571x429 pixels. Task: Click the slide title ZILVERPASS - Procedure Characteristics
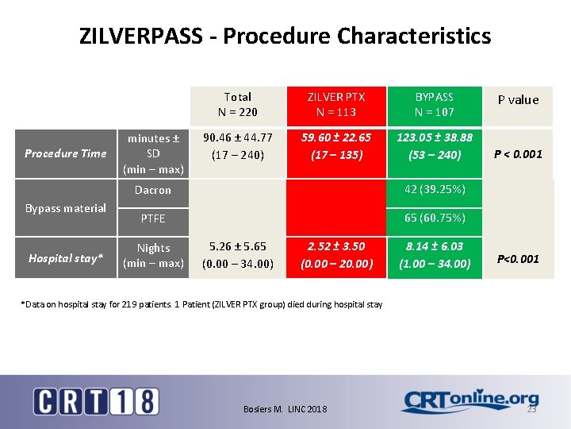click(285, 36)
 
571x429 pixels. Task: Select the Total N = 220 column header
click(237, 104)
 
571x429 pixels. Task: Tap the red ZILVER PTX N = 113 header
click(336, 104)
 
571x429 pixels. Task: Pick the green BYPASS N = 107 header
click(434, 104)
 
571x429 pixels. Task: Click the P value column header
click(518, 100)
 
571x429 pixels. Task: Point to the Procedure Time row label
click(65, 153)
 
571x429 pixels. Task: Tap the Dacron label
click(153, 190)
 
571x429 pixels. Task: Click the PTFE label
click(153, 218)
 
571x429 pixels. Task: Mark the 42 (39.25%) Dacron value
click(434, 189)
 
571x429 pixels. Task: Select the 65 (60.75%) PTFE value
click(434, 218)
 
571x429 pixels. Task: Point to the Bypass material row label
click(65, 208)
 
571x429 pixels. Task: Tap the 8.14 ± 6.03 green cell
click(435, 255)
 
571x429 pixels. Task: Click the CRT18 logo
click(96, 400)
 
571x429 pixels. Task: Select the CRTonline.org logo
click(469, 401)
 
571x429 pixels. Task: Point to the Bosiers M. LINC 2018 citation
click(285, 408)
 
